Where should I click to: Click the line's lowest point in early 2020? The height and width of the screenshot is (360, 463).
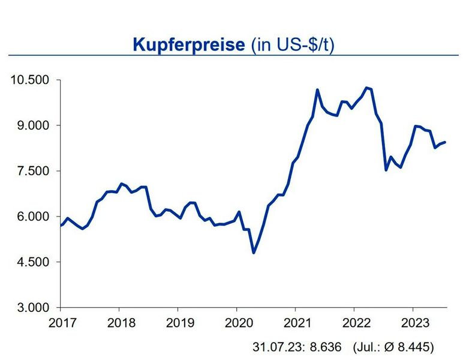click(254, 253)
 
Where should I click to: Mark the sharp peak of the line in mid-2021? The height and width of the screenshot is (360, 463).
click(317, 90)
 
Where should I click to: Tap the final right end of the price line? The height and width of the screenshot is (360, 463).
click(444, 142)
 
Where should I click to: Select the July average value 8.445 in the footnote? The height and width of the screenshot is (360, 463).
click(415, 347)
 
